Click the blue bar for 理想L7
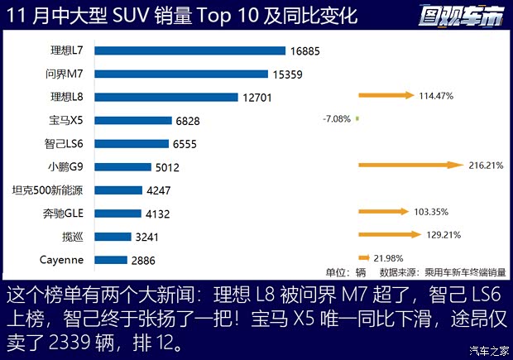pos(189,50)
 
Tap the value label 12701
pos(259,97)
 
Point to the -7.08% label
pos(336,119)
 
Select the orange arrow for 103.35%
pos(383,212)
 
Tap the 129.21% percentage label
pos(442,235)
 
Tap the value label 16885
pos(304,50)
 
